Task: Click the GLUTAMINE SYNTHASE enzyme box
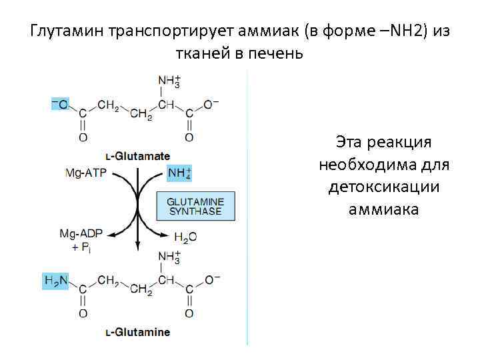tap(196, 206)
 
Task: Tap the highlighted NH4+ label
tap(179, 173)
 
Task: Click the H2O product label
tap(185, 237)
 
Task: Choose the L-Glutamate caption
tap(138, 156)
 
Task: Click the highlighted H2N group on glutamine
tap(55, 281)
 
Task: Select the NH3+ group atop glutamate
tap(167, 83)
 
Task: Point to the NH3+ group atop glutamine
tap(167, 257)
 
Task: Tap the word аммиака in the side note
tap(383, 209)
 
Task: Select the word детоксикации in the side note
tap(383, 187)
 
